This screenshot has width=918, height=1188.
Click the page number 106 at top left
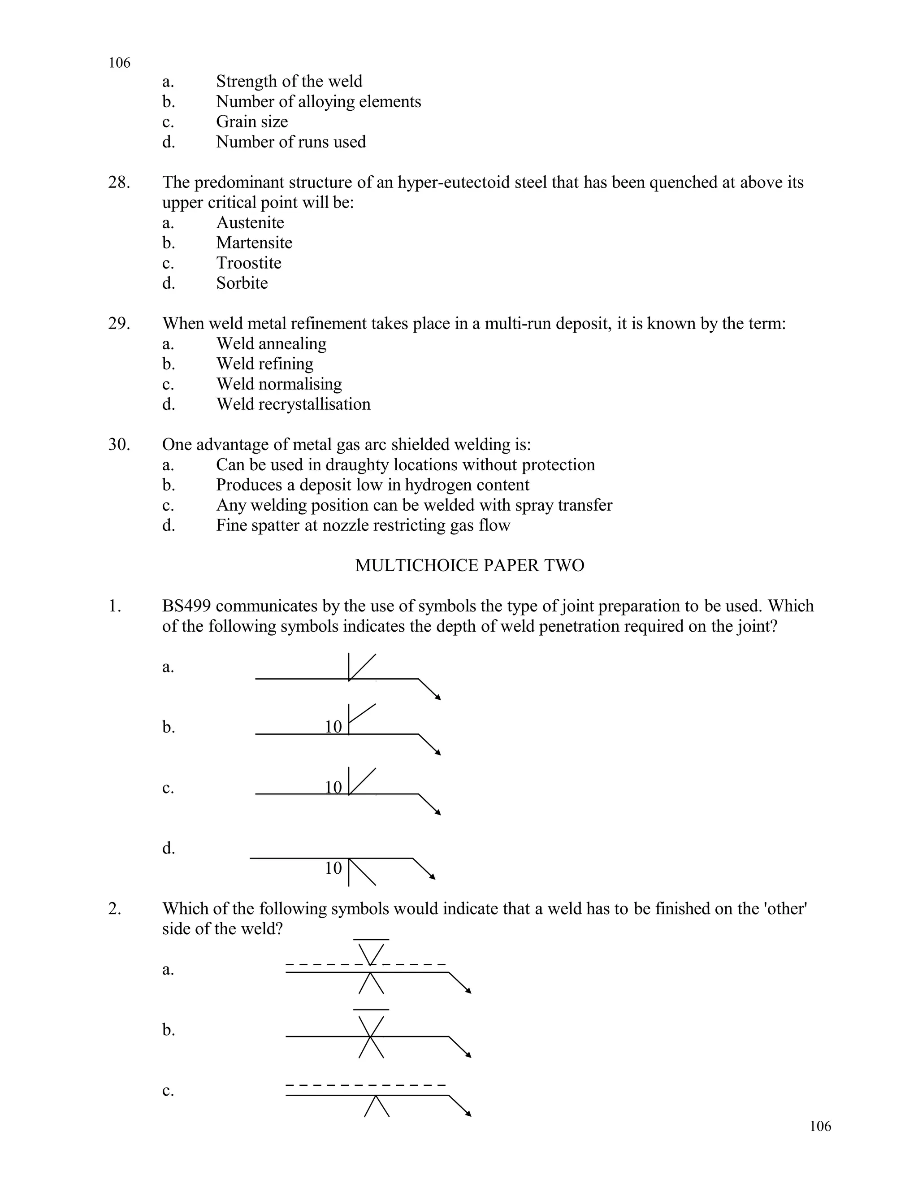[119, 63]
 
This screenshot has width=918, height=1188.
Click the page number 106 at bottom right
[820, 1126]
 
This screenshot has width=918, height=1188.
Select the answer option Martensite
[254, 243]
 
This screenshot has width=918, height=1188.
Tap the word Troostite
[248, 263]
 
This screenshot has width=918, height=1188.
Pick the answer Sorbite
[242, 283]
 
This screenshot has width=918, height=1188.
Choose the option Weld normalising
[279, 384]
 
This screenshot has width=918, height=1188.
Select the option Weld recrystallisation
[293, 404]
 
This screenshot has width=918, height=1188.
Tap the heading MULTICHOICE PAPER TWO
[469, 566]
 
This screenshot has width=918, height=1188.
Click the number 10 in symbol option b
[333, 727]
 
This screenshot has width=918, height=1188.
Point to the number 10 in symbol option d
[333, 868]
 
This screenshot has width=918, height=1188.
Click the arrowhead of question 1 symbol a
[438, 698]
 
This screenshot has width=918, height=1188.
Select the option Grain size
[252, 122]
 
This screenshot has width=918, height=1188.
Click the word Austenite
[250, 222]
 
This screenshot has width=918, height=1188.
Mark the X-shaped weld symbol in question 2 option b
[371, 1037]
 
